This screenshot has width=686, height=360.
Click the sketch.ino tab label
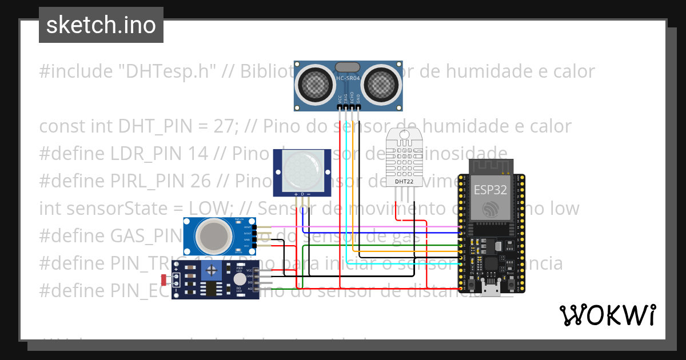pyautogui.click(x=101, y=25)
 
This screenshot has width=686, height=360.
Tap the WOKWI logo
pyautogui.click(x=607, y=315)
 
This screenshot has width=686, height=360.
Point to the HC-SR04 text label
pyautogui.click(x=348, y=78)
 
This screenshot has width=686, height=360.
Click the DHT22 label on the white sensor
pyautogui.click(x=405, y=181)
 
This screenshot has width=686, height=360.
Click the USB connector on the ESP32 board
pyautogui.click(x=490, y=288)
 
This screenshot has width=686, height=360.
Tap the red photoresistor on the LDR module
pyautogui.click(x=165, y=280)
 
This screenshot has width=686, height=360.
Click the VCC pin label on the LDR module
pyautogui.click(x=249, y=270)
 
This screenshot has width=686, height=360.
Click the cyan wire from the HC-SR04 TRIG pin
pyautogui.click(x=346, y=189)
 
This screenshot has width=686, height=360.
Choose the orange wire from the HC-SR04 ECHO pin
pyautogui.click(x=353, y=189)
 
